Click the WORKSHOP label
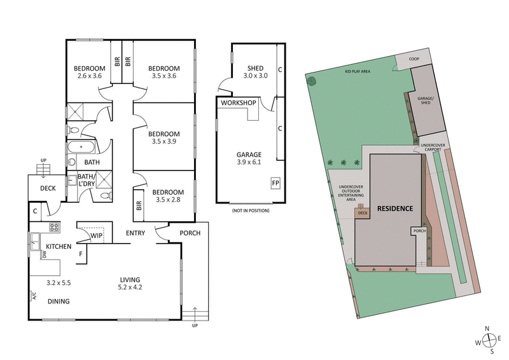pos(238,103)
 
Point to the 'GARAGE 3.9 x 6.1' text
pos(249,158)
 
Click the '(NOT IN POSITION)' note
pos(250,211)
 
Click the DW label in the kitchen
pos(44,254)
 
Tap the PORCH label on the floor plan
pos(190,233)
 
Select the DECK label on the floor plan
pos(48,188)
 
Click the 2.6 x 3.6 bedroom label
pos(89,73)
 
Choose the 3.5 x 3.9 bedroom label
pos(164,138)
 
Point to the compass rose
pos(487,340)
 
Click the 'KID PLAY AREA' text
pos(358,71)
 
